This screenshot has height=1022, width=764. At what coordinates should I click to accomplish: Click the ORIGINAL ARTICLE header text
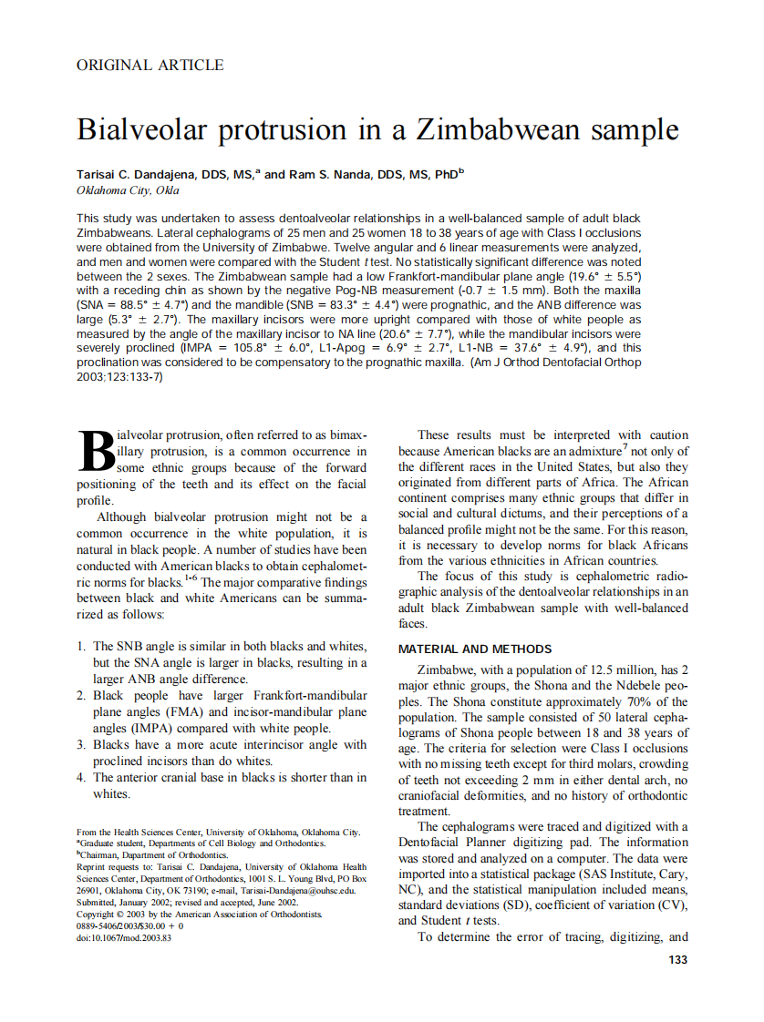pos(150,65)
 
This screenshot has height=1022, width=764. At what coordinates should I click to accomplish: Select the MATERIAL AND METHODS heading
pos(475,649)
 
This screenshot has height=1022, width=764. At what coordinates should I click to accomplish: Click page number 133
pos(677,960)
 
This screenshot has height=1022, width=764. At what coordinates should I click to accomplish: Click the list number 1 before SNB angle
pos(81,646)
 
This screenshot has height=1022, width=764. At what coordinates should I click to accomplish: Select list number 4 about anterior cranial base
pos(81,777)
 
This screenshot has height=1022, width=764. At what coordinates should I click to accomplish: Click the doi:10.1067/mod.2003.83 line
pos(124,937)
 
